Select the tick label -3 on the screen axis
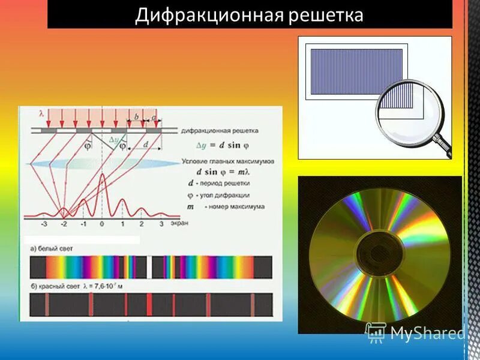(x=43, y=224)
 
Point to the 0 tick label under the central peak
(x=102, y=224)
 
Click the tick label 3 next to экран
(x=161, y=224)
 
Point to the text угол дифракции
(x=227, y=196)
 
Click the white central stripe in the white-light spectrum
(x=148, y=268)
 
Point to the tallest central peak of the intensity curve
(x=102, y=177)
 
